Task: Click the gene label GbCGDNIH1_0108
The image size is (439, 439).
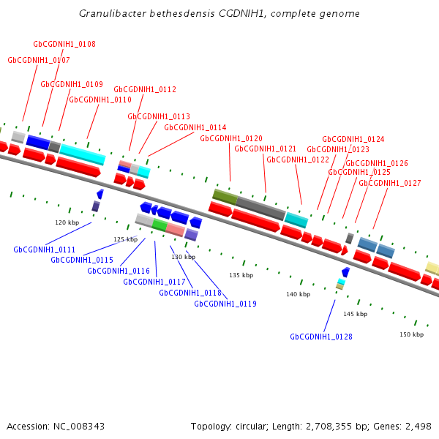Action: [64, 45]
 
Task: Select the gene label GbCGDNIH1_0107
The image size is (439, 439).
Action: [39, 60]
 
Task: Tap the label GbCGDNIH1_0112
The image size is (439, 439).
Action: [145, 89]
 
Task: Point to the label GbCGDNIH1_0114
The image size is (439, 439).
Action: [195, 127]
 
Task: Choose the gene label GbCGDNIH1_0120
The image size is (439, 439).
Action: [231, 138]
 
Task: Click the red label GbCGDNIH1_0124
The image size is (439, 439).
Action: [353, 139]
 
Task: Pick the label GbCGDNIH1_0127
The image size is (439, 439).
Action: [390, 183]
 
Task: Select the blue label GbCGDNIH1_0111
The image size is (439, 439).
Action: [45, 249]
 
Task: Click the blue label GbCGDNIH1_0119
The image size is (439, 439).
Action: [225, 304]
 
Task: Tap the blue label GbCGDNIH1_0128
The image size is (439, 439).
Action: [321, 337]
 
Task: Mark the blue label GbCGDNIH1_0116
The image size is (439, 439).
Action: [119, 271]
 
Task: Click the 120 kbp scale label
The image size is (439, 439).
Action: [67, 222]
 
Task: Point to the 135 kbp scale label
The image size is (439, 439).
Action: [241, 275]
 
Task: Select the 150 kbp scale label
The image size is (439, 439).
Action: [411, 334]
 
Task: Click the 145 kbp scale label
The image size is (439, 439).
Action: [355, 314]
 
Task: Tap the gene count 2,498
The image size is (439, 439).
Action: [417, 426]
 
